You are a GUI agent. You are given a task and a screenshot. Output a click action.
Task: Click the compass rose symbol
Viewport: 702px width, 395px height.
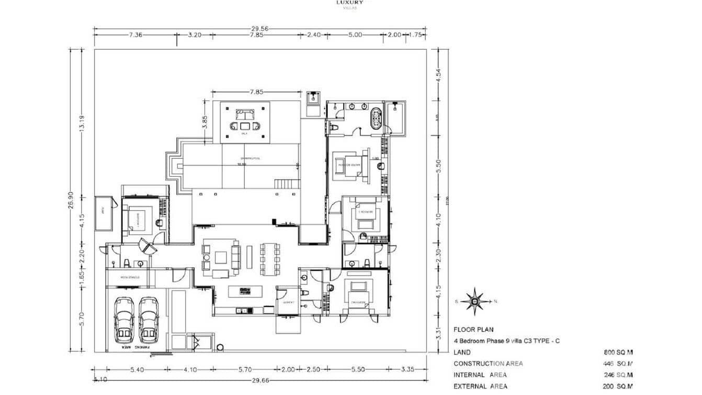click(x=474, y=301)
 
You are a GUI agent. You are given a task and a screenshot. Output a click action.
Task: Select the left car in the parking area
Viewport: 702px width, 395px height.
click(x=124, y=318)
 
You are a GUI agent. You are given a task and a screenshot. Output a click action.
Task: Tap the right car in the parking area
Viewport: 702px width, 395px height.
click(x=149, y=318)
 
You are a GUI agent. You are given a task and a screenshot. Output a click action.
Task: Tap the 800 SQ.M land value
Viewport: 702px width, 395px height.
click(x=618, y=353)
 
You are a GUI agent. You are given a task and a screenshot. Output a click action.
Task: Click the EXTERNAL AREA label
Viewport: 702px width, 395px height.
click(x=480, y=386)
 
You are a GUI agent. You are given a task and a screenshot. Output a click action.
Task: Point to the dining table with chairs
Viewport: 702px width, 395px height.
click(x=270, y=258)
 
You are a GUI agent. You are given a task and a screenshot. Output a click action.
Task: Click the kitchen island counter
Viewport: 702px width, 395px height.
click(x=244, y=291)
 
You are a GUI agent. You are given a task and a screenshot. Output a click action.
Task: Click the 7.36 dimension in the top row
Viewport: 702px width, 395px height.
click(x=135, y=35)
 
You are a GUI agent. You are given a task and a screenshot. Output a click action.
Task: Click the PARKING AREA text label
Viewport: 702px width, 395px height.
click(x=133, y=347)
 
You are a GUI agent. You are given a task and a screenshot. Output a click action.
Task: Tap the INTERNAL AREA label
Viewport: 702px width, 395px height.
click(x=480, y=375)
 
